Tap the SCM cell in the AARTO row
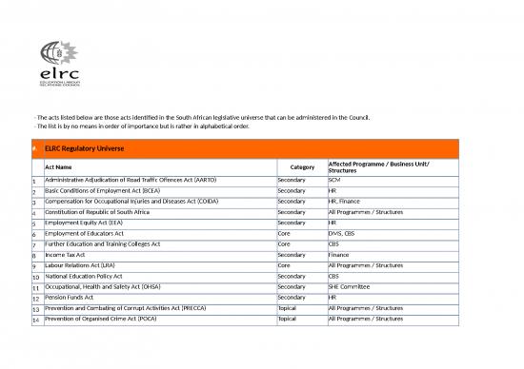point(334,180)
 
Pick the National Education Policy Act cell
point(90,276)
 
